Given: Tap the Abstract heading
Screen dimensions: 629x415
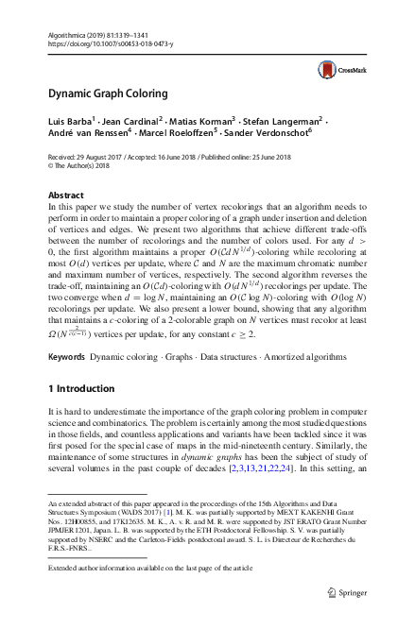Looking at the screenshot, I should point(65,195).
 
